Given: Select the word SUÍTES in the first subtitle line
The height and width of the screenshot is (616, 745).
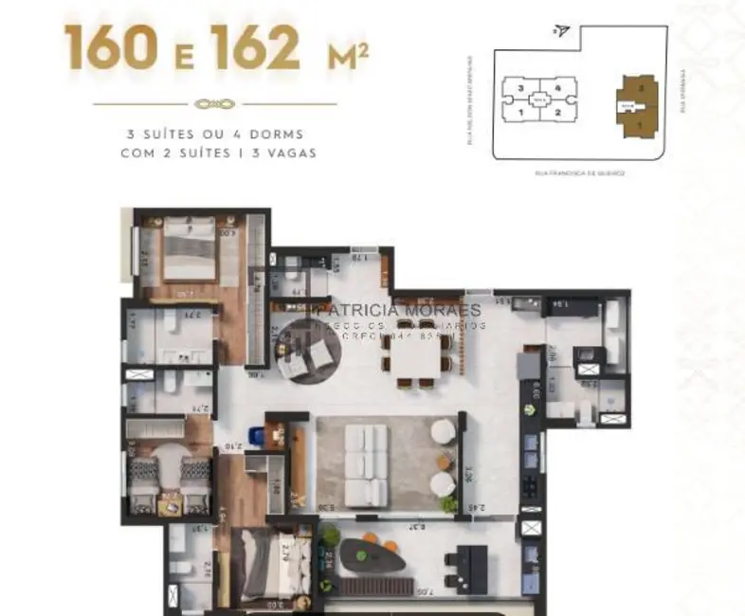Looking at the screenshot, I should [x=168, y=135].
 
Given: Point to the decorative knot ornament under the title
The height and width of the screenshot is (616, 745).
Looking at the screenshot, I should [x=215, y=104].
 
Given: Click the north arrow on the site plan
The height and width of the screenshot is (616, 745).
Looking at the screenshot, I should [x=563, y=30].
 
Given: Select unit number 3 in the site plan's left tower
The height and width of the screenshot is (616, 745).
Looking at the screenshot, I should [x=520, y=87].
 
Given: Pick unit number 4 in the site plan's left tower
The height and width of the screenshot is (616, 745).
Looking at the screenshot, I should [x=559, y=87].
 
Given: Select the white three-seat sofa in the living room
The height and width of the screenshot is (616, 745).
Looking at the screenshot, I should [x=366, y=463].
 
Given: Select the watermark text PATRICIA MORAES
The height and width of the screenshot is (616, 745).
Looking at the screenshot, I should [x=397, y=310].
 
